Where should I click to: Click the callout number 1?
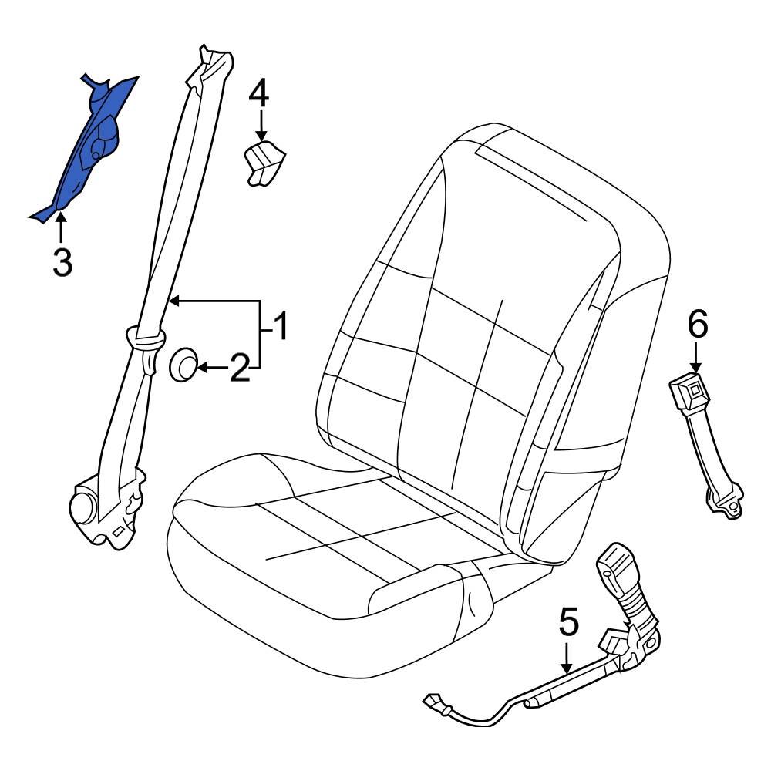(x=280, y=327)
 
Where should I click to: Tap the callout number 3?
(x=62, y=263)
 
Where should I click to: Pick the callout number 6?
(x=696, y=325)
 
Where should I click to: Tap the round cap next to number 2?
(x=183, y=364)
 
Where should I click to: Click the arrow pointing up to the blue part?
(x=60, y=230)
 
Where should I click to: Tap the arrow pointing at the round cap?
(x=210, y=369)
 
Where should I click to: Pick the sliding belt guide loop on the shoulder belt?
(x=145, y=337)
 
